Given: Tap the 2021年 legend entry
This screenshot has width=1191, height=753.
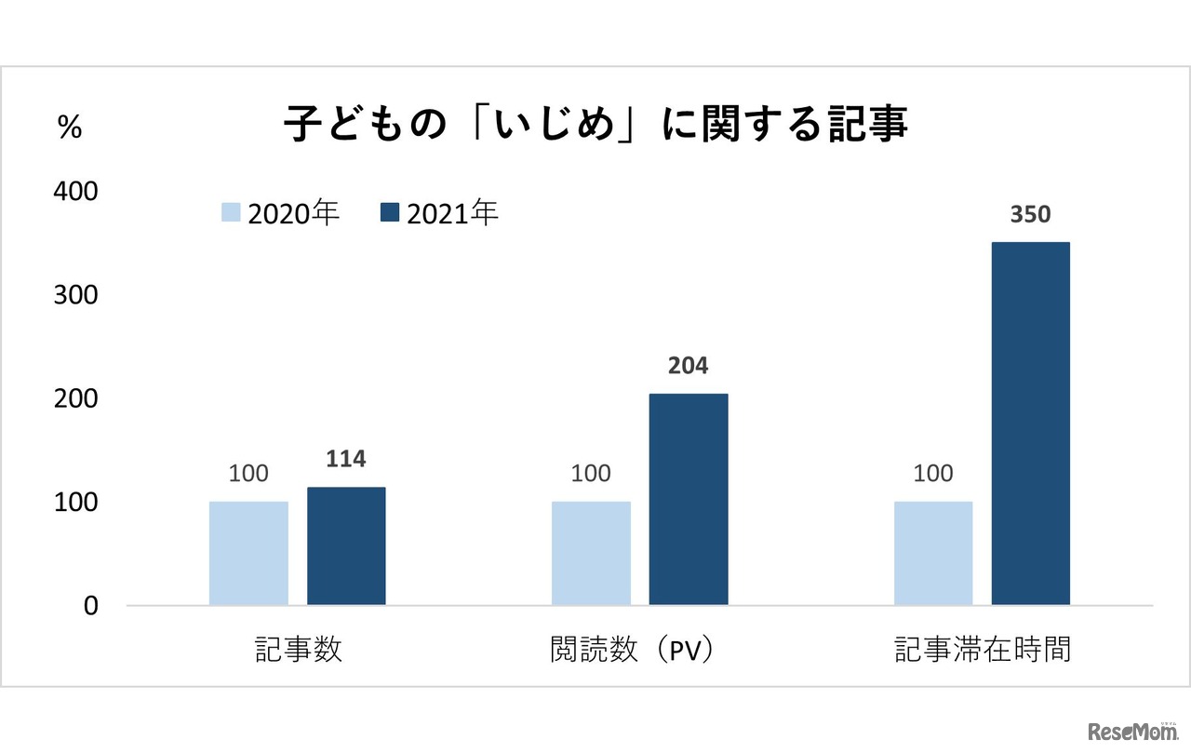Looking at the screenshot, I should click(440, 213).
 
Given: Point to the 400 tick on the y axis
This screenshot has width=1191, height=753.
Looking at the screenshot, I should click(77, 191).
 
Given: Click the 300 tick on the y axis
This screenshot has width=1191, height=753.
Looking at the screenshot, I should click(77, 294).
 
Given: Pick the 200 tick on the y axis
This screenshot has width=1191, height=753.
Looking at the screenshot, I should click(77, 398).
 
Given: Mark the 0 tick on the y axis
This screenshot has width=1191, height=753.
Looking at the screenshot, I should click(90, 606).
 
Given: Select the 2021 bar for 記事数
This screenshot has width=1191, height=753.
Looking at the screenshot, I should click(346, 546).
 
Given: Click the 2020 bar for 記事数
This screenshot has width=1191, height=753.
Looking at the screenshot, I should click(248, 554).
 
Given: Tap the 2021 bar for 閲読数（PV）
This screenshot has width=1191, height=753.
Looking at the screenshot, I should click(689, 500).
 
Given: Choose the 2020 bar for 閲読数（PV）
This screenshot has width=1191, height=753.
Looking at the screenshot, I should click(591, 554).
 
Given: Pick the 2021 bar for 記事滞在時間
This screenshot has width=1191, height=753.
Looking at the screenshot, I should click(1031, 424).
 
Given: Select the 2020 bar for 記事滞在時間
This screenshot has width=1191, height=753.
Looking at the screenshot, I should click(933, 554).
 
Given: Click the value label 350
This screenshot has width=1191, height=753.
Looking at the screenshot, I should click(1030, 215).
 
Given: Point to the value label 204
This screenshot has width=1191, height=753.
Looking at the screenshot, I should click(688, 367).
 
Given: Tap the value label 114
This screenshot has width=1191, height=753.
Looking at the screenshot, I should click(346, 459).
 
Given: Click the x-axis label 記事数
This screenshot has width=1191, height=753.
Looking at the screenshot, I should click(298, 650).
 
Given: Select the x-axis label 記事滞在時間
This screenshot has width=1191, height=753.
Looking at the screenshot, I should click(983, 650).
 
